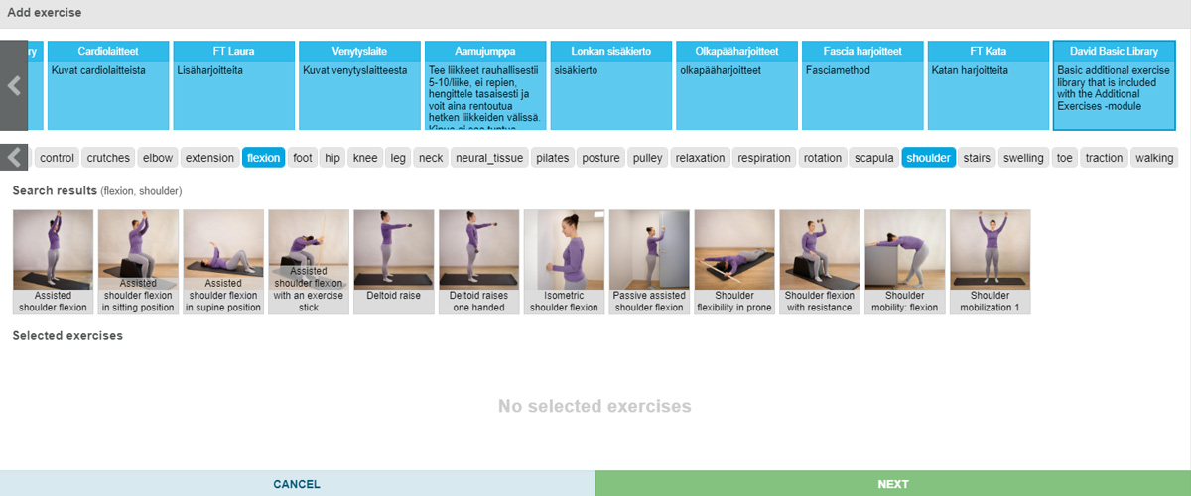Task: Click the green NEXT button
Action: pyautogui.click(x=892, y=484)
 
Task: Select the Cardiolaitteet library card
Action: pyautogui.click(x=109, y=85)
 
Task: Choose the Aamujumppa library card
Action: pyautogui.click(x=484, y=85)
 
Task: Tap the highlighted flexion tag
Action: pyautogui.click(x=263, y=158)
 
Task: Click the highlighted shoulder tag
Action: pyautogui.click(x=928, y=158)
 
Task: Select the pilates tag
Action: pyautogui.click(x=552, y=158)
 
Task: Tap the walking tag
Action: pyautogui.click(x=1153, y=158)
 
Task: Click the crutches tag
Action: pyautogui.click(x=108, y=158)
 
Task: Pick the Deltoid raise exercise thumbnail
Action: pyautogui.click(x=392, y=262)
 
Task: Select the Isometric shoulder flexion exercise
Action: pyautogui.click(x=563, y=262)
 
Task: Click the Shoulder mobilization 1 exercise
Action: pyautogui.click(x=990, y=262)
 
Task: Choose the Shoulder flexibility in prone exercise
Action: pyautogui.click(x=733, y=262)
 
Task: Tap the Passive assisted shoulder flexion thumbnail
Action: pyautogui.click(x=648, y=262)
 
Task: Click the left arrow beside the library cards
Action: pyautogui.click(x=14, y=85)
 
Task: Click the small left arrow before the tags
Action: pyautogui.click(x=15, y=157)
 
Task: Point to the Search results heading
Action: pyautogui.click(x=55, y=190)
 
